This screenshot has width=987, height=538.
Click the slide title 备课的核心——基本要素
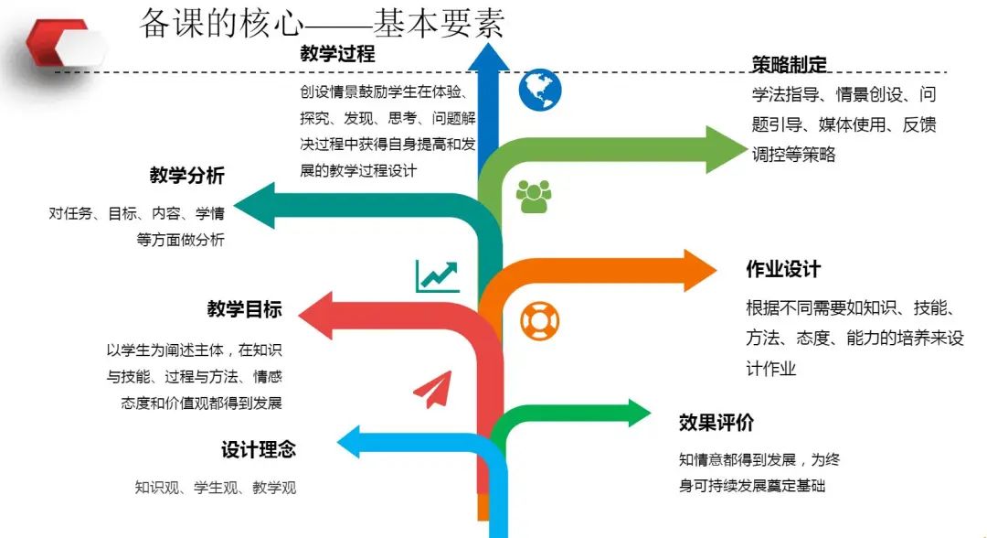click(322, 25)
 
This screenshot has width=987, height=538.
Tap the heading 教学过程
click(337, 54)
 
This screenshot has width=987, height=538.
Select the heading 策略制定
click(789, 64)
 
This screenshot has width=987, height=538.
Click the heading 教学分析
click(186, 176)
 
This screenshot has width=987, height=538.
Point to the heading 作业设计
click(783, 270)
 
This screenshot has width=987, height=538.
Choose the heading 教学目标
click(244, 309)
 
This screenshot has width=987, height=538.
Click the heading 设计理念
click(259, 450)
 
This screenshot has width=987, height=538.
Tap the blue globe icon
click(540, 90)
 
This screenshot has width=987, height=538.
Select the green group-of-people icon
click(534, 196)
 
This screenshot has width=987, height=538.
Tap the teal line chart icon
click(437, 275)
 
